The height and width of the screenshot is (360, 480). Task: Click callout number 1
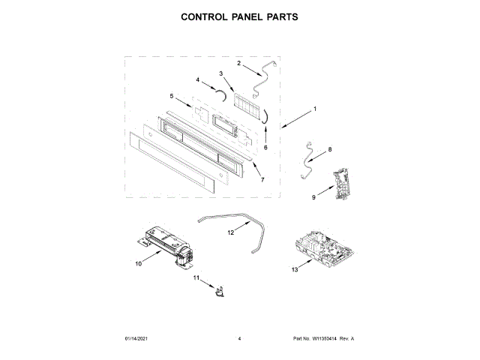(315, 109)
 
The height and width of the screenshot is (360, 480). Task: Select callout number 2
(238, 64)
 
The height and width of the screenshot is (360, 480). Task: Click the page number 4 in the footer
(239, 339)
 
